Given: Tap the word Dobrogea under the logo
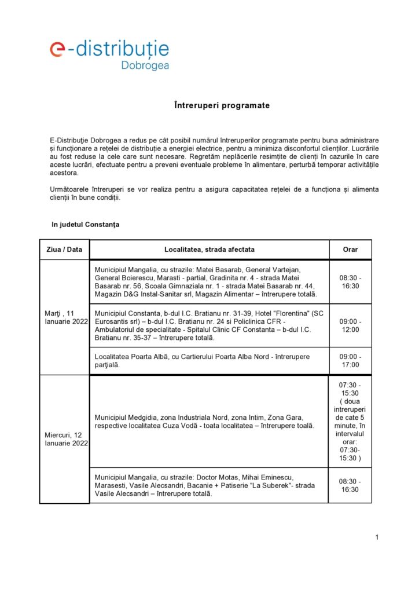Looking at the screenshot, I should click(145, 65).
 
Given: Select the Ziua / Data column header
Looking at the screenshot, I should click(64, 250).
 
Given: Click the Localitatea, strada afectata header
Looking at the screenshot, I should click(209, 250).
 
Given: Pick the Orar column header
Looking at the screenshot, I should click(350, 250).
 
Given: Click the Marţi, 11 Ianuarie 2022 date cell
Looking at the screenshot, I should click(64, 317).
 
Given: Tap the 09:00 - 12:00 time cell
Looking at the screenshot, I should click(350, 325).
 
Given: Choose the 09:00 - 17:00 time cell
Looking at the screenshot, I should click(350, 361).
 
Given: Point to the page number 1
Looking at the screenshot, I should click(377, 537).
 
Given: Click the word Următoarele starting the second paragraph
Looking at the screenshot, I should click(71, 190).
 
